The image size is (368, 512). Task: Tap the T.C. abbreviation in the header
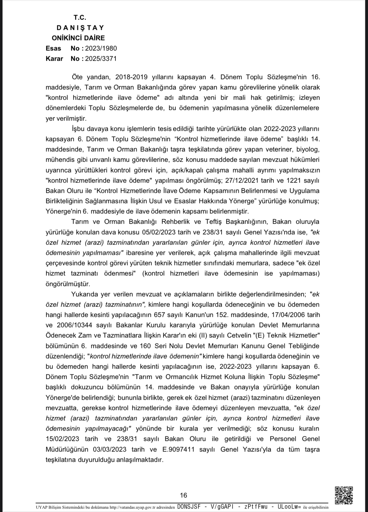point(80,17)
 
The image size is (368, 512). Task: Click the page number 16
point(184,495)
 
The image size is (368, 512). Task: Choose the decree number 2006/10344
point(75,325)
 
